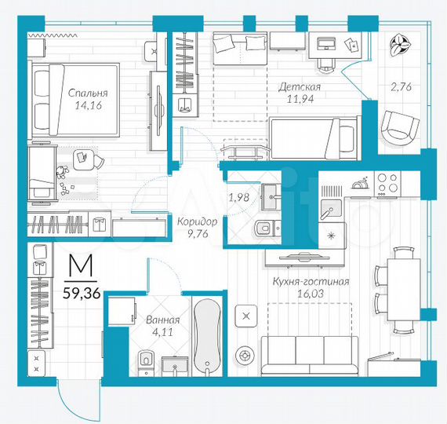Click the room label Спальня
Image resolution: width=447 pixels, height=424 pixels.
point(87,93)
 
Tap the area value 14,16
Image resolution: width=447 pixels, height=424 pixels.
point(87,107)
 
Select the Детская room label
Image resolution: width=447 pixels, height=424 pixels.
point(299,86)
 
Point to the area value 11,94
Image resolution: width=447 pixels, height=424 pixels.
point(299,100)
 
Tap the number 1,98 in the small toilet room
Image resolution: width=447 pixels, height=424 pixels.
point(238,197)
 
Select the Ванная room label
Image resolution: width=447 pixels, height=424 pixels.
point(163,320)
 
